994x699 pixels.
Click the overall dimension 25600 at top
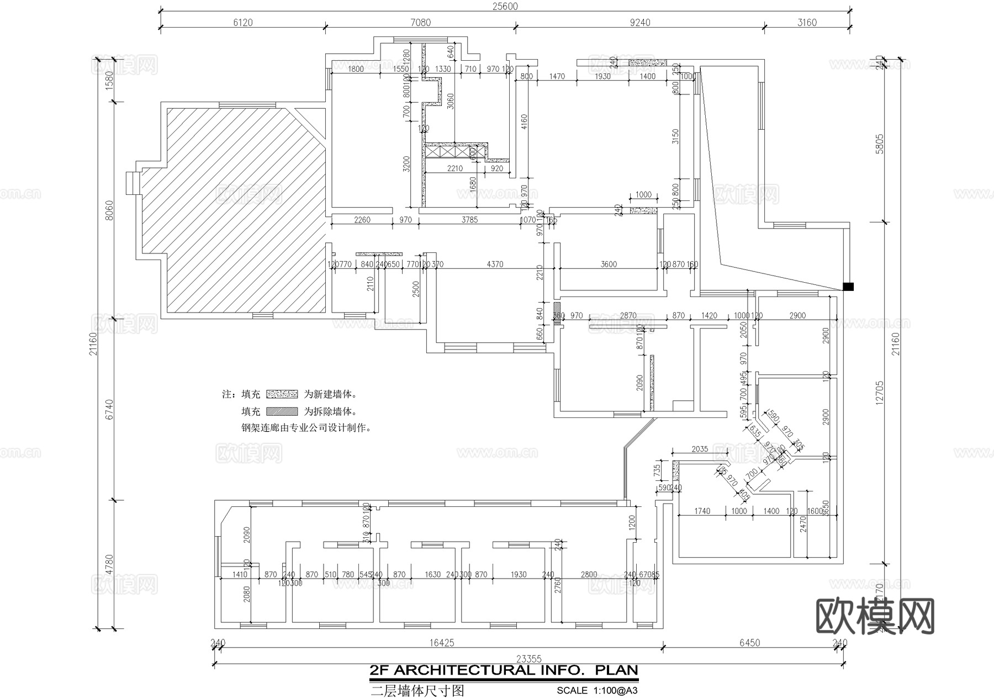[505, 6]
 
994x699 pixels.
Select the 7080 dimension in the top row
[420, 23]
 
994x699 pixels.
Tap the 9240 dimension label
[640, 23]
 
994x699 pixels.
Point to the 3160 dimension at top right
[807, 23]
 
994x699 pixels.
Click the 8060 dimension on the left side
[109, 210]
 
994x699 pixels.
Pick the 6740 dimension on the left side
[109, 409]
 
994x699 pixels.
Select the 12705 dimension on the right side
[880, 392]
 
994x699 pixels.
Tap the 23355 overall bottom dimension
[528, 659]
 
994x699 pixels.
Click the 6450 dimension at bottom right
[749, 643]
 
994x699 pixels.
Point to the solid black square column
[848, 287]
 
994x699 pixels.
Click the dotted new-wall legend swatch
[282, 394]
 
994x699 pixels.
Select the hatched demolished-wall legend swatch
[282, 411]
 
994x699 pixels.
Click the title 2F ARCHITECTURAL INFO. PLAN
[504, 670]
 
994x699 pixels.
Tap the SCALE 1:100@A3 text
[597, 690]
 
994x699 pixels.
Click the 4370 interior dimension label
[495, 264]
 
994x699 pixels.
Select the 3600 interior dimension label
[608, 264]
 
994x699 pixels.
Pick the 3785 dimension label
[469, 220]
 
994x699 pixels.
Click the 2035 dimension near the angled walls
[699, 449]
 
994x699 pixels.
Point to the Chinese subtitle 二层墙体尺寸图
[417, 691]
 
